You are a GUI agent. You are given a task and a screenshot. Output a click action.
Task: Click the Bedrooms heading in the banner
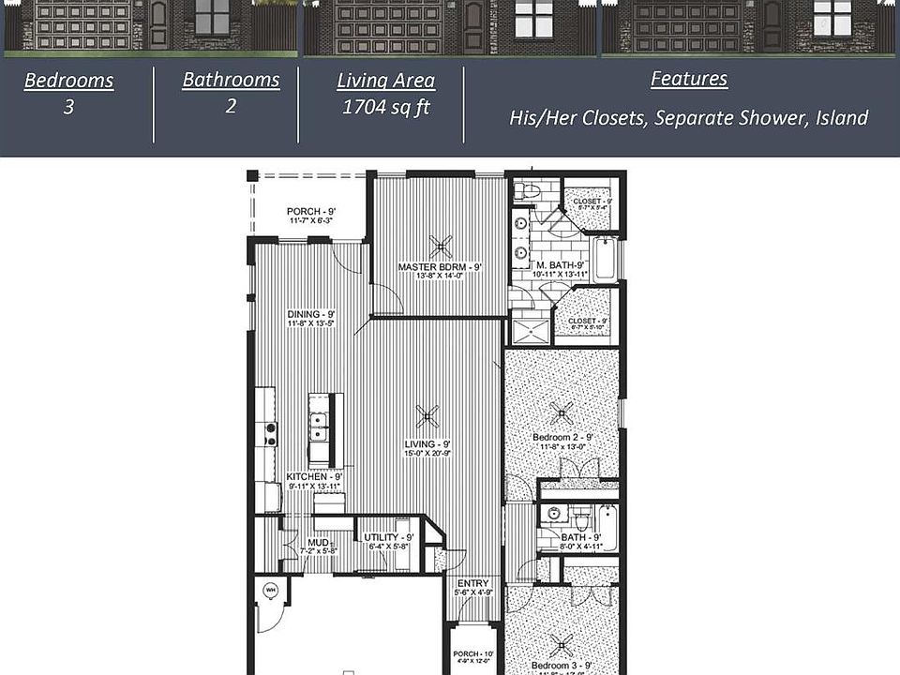coord(68,81)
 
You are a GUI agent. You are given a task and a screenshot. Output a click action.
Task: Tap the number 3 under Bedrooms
coord(68,107)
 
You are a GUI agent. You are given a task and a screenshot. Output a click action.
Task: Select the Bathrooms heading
coord(231,80)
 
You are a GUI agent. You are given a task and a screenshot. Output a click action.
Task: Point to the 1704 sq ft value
coord(386,107)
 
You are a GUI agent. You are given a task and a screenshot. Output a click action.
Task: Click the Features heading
coord(689,79)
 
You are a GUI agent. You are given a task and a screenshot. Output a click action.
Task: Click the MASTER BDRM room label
coord(440,267)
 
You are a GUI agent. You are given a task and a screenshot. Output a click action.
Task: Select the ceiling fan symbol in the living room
coord(427,416)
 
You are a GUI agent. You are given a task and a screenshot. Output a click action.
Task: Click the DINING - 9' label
coord(311,314)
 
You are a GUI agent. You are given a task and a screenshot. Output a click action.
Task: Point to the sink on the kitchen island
coord(320,427)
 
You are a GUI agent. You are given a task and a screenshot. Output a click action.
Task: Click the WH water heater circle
coord(271,590)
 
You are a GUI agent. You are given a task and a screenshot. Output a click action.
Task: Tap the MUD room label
coord(318,542)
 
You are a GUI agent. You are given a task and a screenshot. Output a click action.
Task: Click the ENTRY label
coord(473,583)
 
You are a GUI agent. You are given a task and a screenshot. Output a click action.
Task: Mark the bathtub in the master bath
coord(606,259)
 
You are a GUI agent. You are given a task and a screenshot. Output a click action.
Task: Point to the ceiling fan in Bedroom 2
coord(562,410)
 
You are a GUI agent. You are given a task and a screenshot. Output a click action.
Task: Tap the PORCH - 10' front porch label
coord(473,654)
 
